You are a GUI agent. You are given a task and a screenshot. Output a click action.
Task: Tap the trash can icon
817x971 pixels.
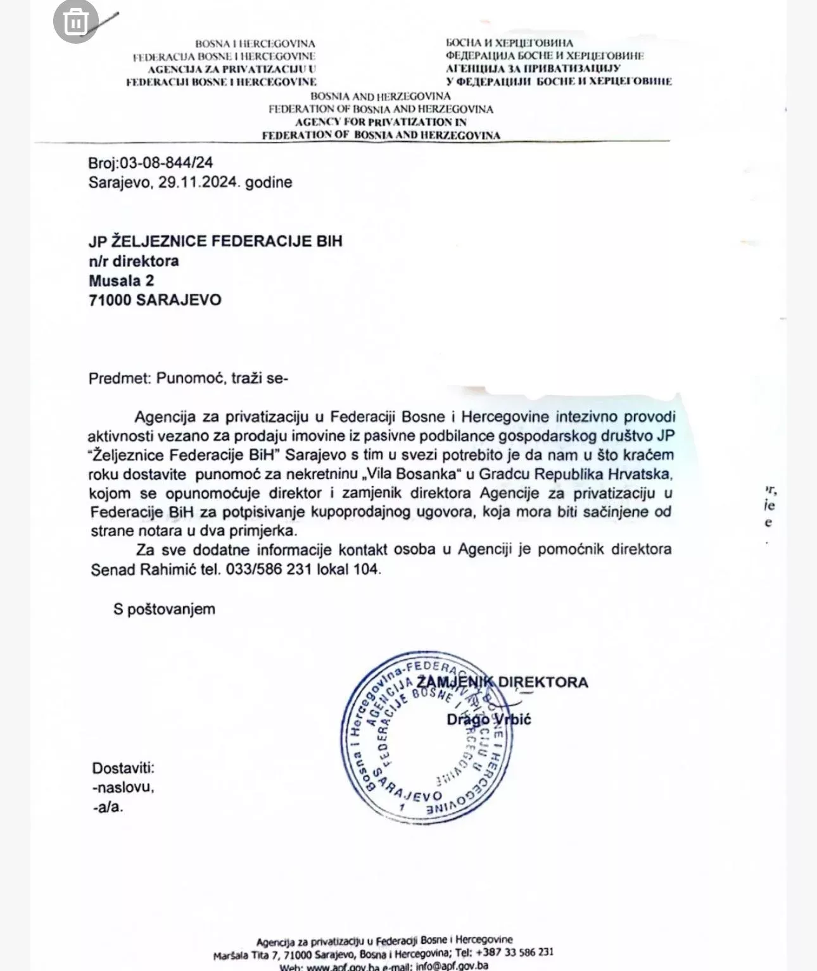[76, 22]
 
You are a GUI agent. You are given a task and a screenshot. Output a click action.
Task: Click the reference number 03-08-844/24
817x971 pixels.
[167, 163]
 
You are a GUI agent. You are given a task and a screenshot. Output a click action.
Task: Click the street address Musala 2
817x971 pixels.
[121, 280]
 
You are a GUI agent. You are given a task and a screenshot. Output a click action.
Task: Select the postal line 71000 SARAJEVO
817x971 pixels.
[155, 300]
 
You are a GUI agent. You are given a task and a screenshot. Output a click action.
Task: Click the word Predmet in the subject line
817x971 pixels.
[118, 379]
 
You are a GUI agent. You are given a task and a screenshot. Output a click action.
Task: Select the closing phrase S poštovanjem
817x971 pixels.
[164, 609]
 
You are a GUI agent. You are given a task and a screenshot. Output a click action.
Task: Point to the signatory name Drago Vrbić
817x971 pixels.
[488, 719]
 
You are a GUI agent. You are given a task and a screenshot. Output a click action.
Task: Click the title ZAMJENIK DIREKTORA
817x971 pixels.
[502, 682]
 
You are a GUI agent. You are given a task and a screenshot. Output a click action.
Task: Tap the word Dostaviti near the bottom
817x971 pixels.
[123, 768]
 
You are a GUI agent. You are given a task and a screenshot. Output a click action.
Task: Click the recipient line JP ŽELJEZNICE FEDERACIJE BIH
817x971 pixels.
[215, 241]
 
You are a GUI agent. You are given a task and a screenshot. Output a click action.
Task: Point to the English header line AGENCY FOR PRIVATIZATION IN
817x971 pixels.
[381, 122]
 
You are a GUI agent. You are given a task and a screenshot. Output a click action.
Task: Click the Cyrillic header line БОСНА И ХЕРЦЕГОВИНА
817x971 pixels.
[509, 43]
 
